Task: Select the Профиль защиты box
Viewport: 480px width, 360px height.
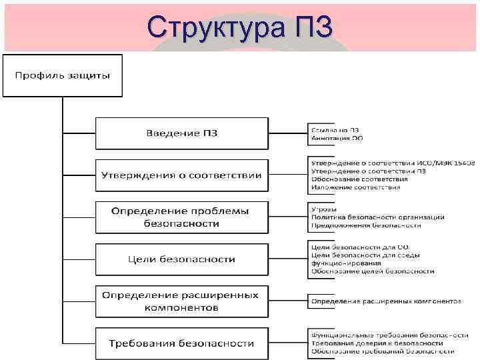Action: (x=63, y=75)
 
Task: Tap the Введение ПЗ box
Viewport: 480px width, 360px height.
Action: (x=181, y=133)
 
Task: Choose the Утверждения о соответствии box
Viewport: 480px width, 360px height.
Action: (x=181, y=175)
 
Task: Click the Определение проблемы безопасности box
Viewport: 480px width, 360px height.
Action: (x=181, y=217)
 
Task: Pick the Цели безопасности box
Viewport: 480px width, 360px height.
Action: (x=181, y=259)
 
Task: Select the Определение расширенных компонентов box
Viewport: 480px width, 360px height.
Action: (x=181, y=301)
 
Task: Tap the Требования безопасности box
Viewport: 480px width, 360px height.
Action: (x=181, y=343)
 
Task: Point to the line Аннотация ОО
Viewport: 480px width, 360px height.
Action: (x=337, y=138)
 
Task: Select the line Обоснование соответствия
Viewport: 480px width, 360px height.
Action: (x=359, y=179)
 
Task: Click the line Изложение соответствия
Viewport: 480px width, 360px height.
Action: (x=355, y=187)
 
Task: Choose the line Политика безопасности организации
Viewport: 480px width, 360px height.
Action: (x=377, y=217)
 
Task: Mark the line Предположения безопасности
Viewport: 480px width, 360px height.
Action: (x=365, y=225)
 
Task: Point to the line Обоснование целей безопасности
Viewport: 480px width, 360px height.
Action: (x=372, y=271)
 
